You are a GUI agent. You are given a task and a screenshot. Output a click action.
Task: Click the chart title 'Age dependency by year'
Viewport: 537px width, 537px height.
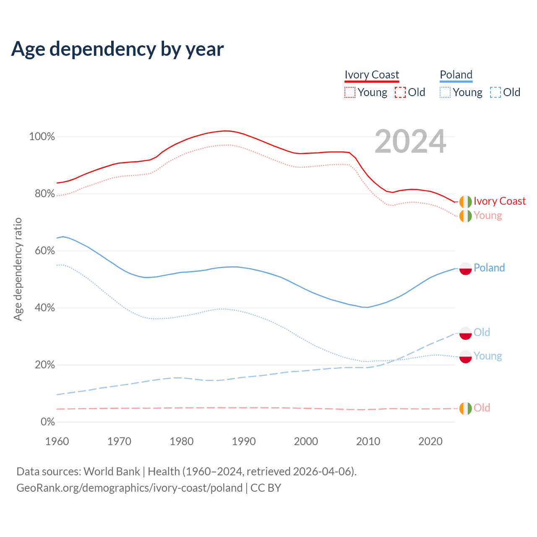[x=117, y=49]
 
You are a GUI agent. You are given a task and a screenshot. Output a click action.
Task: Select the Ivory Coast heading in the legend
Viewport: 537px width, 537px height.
[x=372, y=75]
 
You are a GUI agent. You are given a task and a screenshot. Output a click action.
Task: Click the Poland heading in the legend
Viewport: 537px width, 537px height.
[x=456, y=75]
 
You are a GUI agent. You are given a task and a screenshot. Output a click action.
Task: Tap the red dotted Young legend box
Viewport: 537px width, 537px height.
[x=350, y=92]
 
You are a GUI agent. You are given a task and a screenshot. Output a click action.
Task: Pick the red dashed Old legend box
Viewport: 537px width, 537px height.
[x=400, y=92]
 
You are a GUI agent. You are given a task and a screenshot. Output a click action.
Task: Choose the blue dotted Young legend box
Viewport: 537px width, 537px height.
[x=445, y=92]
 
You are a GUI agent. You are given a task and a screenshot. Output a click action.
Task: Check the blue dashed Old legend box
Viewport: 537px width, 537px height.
[x=495, y=92]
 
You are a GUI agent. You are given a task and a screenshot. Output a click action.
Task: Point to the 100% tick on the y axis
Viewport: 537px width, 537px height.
[x=42, y=137]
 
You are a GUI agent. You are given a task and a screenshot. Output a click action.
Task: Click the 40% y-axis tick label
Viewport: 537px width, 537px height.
[x=45, y=308]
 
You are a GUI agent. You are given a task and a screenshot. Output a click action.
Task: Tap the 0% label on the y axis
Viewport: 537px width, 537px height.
[x=48, y=422]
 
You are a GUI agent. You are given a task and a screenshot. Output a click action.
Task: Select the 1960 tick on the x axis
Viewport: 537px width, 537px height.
[x=57, y=441]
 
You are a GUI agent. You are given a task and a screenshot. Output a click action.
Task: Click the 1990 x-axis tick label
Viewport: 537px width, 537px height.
[x=244, y=441]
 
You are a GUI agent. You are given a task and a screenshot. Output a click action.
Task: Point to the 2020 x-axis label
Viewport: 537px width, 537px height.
[x=430, y=441]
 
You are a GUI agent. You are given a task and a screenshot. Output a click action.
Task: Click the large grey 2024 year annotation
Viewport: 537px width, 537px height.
[x=410, y=142]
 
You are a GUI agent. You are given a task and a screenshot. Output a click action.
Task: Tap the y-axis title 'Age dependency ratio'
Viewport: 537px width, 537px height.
[x=18, y=269]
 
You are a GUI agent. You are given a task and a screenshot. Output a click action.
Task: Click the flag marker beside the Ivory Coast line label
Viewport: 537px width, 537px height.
[x=465, y=202]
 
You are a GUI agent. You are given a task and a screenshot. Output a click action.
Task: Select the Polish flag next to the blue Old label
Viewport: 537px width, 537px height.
[x=465, y=333]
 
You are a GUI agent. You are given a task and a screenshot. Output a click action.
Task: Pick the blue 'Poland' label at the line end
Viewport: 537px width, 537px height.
[x=489, y=268]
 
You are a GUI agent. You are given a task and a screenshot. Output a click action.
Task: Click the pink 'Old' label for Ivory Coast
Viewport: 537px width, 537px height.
[x=482, y=408]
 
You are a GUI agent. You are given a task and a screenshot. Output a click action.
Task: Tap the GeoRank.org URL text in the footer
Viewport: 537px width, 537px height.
[x=130, y=488]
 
